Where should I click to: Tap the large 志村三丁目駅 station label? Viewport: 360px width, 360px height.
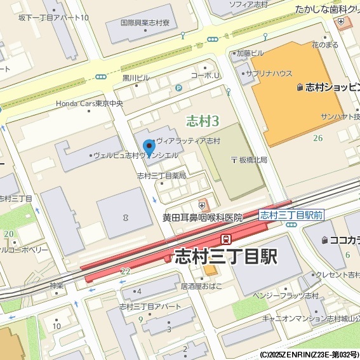(x=225, y=257)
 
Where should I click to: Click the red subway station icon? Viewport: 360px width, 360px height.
(x=225, y=239)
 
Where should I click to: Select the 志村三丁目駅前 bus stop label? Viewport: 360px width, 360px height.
(x=291, y=215)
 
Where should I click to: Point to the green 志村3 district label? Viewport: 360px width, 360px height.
(x=203, y=121)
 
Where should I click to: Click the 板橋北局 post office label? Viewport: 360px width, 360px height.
(x=248, y=159)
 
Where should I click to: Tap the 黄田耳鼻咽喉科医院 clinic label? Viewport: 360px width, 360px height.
(x=202, y=217)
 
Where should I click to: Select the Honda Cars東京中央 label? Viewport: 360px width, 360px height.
(x=90, y=103)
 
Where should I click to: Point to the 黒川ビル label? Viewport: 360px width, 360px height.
(x=136, y=78)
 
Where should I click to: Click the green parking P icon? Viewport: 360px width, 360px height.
(x=178, y=88)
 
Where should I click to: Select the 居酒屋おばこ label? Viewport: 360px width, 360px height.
(x=201, y=286)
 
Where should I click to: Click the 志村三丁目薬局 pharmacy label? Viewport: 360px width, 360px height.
(x=161, y=175)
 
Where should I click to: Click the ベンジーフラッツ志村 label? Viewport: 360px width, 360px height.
(x=285, y=296)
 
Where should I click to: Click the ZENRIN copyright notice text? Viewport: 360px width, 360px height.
(x=309, y=354)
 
